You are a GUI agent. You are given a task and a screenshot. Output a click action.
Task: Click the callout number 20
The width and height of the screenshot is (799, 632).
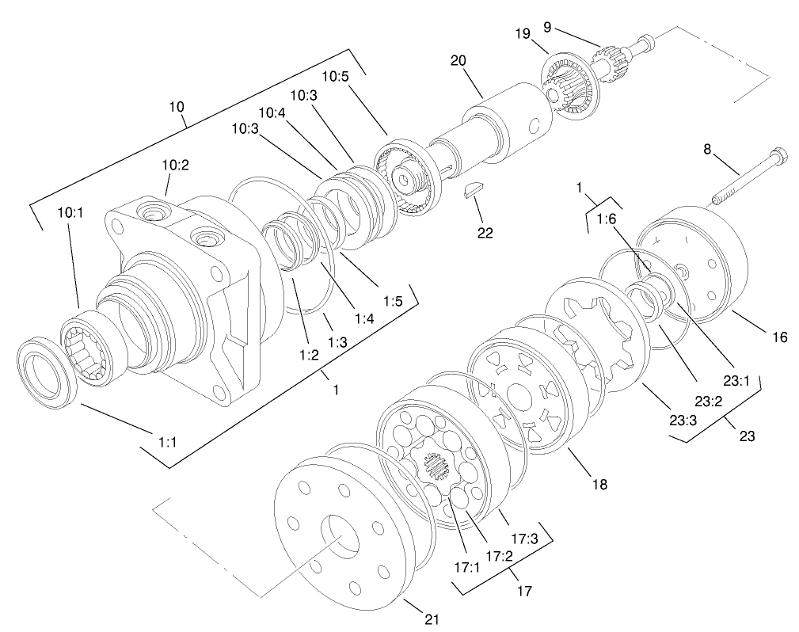pyautogui.click(x=459, y=61)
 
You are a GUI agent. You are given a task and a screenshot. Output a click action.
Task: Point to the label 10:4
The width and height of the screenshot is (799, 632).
pyautogui.click(x=272, y=112)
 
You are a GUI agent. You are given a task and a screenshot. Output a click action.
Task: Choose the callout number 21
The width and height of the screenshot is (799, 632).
pyautogui.click(x=430, y=618)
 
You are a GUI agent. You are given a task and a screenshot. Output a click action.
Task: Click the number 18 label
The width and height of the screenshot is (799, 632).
pyautogui.click(x=599, y=483)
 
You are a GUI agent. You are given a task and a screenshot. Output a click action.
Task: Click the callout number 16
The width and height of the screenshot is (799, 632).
pyautogui.click(x=780, y=337)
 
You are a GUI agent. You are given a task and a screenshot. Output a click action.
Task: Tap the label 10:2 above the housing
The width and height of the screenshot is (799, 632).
pyautogui.click(x=176, y=166)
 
